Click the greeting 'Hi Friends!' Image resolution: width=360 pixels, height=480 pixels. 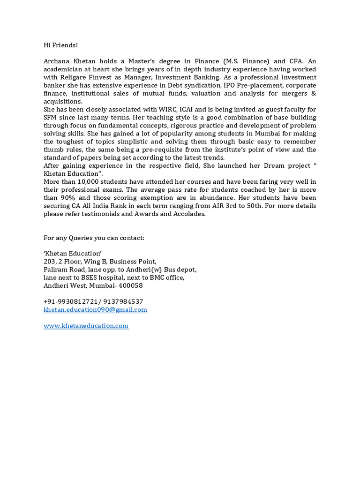coord(60,45)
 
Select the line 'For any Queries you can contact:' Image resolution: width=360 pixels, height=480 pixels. coord(94,238)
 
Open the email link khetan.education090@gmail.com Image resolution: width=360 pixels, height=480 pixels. coord(95,310)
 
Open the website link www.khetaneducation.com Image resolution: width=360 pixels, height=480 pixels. coord(86,326)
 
